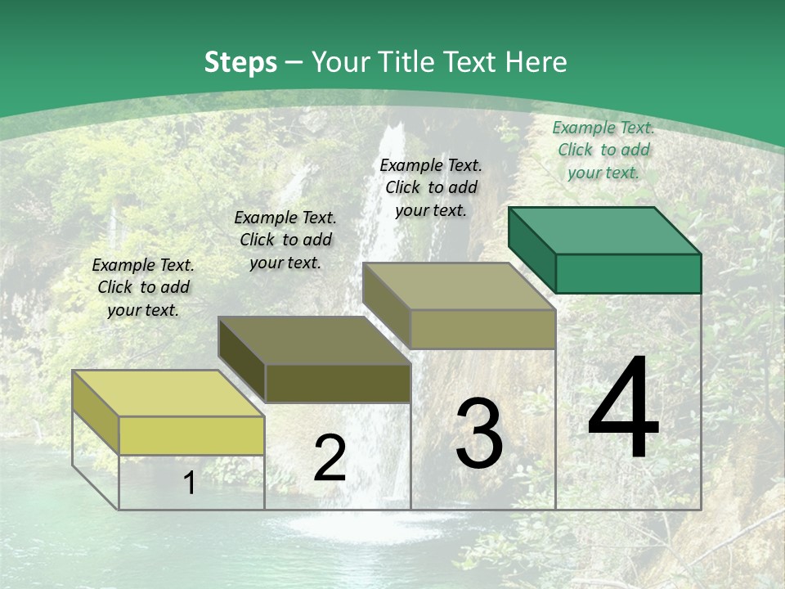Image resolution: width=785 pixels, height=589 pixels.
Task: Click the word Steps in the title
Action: point(240,62)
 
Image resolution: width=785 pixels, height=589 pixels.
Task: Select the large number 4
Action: point(623,408)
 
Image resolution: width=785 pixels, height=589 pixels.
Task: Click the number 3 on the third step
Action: point(479,434)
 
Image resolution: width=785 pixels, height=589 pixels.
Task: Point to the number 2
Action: point(330,459)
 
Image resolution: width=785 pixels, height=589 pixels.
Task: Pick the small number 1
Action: point(189,483)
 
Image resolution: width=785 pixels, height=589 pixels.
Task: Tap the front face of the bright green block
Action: point(628,273)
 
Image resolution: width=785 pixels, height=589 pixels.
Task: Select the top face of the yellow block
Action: point(168,393)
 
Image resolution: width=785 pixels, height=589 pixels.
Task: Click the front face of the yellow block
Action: point(191,435)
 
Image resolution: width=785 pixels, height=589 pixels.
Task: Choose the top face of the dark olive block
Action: point(314,340)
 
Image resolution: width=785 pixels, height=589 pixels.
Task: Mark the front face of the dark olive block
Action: point(337,383)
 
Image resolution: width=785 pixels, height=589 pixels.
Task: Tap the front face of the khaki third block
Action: point(482,329)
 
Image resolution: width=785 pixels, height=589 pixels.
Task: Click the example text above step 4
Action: point(603,150)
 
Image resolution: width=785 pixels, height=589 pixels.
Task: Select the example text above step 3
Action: point(431,187)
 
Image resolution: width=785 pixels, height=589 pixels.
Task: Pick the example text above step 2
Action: point(285,240)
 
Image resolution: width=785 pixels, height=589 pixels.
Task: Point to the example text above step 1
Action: point(143,287)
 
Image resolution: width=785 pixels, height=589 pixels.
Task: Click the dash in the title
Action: point(294,63)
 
